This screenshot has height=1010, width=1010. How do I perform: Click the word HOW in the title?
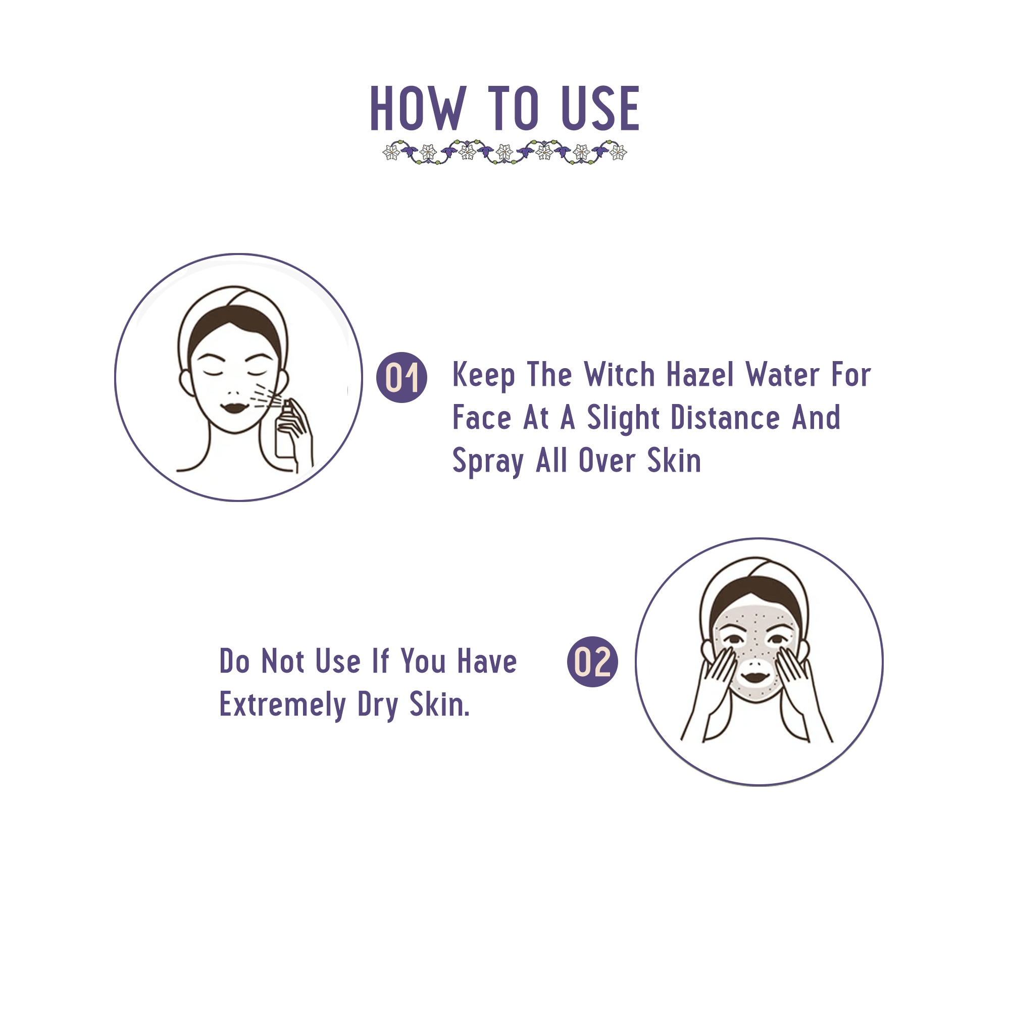coord(417,109)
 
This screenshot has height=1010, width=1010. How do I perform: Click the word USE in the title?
coord(599,109)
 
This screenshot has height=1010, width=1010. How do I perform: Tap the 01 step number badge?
coord(401,377)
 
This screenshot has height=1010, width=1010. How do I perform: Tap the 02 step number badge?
coord(592,662)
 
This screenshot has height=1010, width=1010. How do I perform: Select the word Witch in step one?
coord(619,375)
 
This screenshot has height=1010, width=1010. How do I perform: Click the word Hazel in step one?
coord(700,375)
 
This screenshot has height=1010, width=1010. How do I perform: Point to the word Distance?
coord(725,418)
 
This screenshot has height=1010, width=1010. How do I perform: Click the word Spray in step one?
coord(487,462)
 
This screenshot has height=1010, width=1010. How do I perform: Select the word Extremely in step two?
coord(282,705)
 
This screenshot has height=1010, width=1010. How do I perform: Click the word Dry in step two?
coord(377,705)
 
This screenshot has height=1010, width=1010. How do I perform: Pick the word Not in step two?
coord(282,662)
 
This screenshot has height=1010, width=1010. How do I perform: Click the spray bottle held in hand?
coord(285,429)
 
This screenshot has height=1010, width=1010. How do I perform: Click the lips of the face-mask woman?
coord(754,678)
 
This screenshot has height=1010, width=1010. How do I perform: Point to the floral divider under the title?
coord(504,152)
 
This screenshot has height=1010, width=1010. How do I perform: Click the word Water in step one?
coord(782,375)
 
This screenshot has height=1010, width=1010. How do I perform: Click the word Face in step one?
coord(481,418)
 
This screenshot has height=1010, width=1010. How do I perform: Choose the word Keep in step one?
coord(483,376)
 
